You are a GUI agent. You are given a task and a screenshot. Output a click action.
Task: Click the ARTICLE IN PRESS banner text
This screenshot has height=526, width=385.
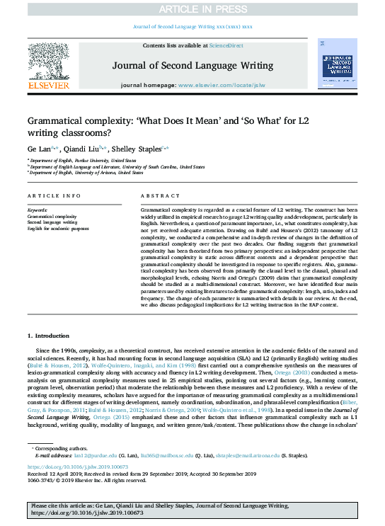tap(192, 8)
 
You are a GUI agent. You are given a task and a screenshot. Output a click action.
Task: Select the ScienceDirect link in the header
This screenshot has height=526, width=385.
tap(226, 45)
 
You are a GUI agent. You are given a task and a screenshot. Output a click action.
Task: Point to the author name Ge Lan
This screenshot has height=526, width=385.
tap(38, 149)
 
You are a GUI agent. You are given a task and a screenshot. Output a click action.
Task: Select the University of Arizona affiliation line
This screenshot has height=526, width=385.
tap(78, 172)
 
